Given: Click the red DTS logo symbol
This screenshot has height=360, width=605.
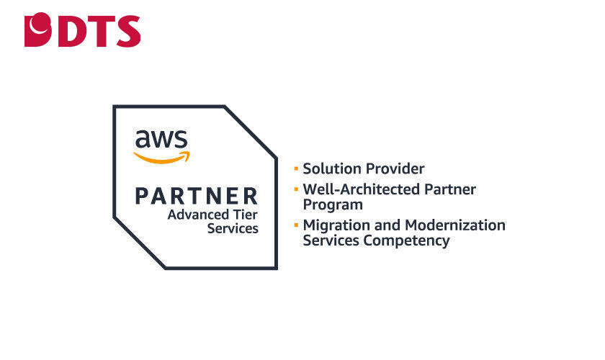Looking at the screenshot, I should pyautogui.click(x=38, y=30).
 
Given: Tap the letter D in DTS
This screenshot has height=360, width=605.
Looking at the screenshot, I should pyautogui.click(x=68, y=30).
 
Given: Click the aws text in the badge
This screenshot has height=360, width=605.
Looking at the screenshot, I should pyautogui.click(x=161, y=138).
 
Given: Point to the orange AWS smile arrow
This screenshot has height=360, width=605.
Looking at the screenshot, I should pyautogui.click(x=161, y=156).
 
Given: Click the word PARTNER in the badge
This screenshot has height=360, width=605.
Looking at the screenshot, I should pyautogui.click(x=196, y=195).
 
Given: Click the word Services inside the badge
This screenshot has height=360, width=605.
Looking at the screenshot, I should pyautogui.click(x=232, y=228).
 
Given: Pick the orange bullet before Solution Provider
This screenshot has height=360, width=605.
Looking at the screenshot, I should pyautogui.click(x=295, y=169).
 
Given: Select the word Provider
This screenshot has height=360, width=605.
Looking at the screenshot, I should pyautogui.click(x=395, y=169).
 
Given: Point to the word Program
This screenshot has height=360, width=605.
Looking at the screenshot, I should pyautogui.click(x=333, y=204).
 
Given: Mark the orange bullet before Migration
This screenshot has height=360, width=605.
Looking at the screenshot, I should pyautogui.click(x=295, y=225).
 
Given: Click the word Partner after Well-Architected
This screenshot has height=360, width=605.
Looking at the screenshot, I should pyautogui.click(x=452, y=190).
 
